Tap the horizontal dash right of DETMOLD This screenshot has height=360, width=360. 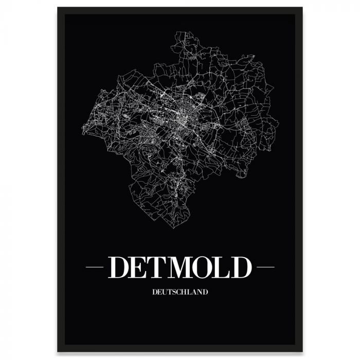(265, 268)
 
